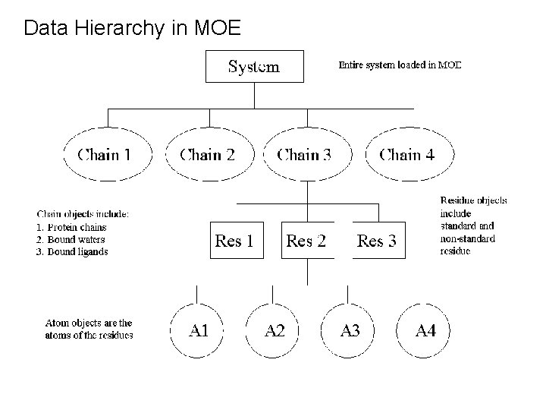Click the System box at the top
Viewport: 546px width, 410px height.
coord(255,66)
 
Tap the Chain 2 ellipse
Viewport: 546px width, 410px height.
coord(207,156)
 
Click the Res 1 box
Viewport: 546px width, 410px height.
coord(234,241)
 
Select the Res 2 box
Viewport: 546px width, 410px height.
coord(306,241)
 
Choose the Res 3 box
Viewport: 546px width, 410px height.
coord(376,241)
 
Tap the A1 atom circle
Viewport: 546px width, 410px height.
coord(199,330)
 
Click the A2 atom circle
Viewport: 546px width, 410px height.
coord(275,330)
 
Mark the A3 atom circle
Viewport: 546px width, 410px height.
coord(350,330)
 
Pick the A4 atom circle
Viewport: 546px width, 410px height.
coord(426,330)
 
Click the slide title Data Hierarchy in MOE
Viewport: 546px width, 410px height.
coord(133,29)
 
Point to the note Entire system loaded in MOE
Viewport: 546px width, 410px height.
coord(399,65)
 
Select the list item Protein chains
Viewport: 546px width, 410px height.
coord(71,227)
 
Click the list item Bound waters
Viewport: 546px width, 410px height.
coord(71,239)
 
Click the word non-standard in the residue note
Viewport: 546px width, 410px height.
coord(468,238)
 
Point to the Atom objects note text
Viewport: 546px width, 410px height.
coord(89,329)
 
